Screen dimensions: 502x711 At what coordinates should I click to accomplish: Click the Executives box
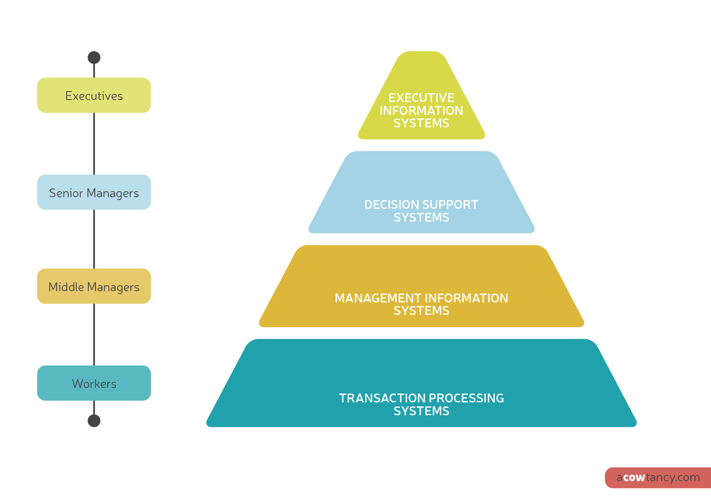click(x=94, y=95)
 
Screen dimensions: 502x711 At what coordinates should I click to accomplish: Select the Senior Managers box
click(x=94, y=192)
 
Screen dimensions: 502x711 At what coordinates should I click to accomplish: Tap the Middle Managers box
click(x=94, y=286)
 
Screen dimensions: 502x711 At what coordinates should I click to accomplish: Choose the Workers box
click(x=94, y=383)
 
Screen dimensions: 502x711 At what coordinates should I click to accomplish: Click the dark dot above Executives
click(x=94, y=57)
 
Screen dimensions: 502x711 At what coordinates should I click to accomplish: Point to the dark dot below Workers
click(x=94, y=421)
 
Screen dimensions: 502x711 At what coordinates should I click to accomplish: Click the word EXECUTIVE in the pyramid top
click(x=421, y=98)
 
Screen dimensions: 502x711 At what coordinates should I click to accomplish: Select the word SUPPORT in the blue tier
click(x=454, y=204)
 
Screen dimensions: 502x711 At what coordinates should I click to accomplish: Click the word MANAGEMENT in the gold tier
click(x=378, y=298)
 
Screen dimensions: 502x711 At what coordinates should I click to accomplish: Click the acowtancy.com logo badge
click(x=658, y=478)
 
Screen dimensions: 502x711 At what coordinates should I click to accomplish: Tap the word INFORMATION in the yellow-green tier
click(x=421, y=110)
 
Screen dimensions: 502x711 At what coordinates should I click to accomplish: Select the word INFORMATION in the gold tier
click(x=466, y=298)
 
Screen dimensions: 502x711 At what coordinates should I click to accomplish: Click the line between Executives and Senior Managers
click(x=94, y=143)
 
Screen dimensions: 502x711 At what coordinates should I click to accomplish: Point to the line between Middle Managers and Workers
click(x=94, y=335)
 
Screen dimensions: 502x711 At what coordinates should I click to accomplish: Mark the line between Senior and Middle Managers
click(x=94, y=239)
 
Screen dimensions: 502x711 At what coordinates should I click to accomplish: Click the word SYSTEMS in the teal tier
click(x=421, y=411)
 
